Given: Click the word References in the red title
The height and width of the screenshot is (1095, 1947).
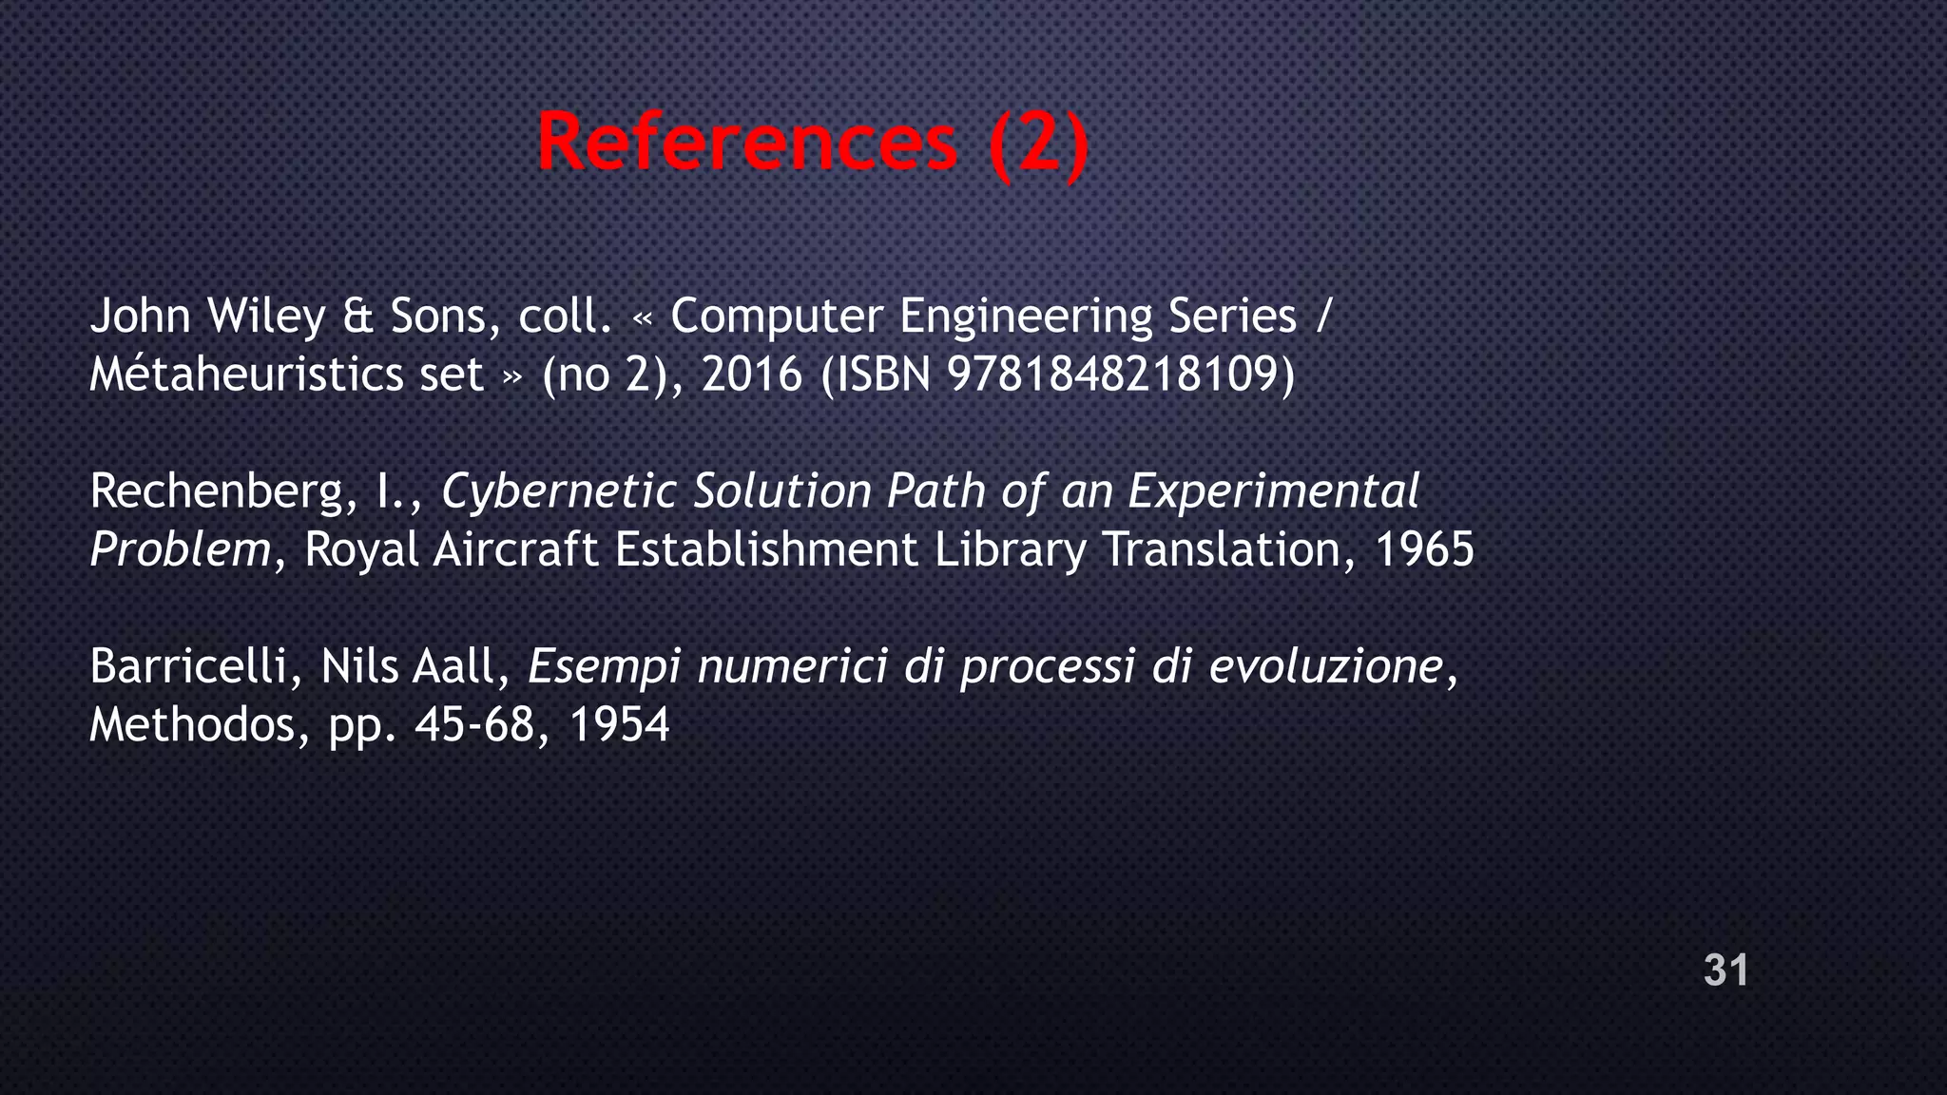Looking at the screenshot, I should pyautogui.click(x=747, y=143).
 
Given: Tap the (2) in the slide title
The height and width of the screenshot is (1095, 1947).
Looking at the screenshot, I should pyautogui.click(x=1038, y=144).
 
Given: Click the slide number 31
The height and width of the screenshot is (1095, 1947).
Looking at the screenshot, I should pyautogui.click(x=1725, y=970).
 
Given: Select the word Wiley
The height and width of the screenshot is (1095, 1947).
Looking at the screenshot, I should pyautogui.click(x=266, y=317).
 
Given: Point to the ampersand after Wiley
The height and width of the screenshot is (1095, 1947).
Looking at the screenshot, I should pyautogui.click(x=357, y=317).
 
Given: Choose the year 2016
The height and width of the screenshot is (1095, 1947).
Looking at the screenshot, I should pyautogui.click(x=752, y=375).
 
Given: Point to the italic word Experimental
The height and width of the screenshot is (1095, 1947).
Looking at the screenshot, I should pyautogui.click(x=1273, y=492).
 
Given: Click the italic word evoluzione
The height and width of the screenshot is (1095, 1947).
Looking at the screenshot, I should pyautogui.click(x=1326, y=667).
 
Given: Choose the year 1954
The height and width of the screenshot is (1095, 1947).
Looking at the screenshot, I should pyautogui.click(x=620, y=726).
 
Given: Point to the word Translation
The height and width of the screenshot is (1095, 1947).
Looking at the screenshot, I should pyautogui.click(x=1220, y=550).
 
